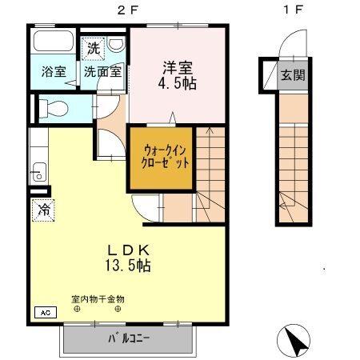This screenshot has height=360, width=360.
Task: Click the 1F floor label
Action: coord(294,10)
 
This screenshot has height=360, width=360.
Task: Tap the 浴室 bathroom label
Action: coord(54,70)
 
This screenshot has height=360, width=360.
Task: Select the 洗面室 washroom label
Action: coord(104,70)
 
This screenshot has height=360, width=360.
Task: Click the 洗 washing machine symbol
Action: coord(94,48)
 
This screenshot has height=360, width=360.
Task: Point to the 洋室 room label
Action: coord(177,66)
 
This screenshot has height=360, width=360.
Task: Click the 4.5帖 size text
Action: coord(177,82)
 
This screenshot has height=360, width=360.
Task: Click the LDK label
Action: coord(127,250)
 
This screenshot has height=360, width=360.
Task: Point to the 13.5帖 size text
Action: coord(127,266)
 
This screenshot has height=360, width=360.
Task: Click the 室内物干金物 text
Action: coord(98,300)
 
